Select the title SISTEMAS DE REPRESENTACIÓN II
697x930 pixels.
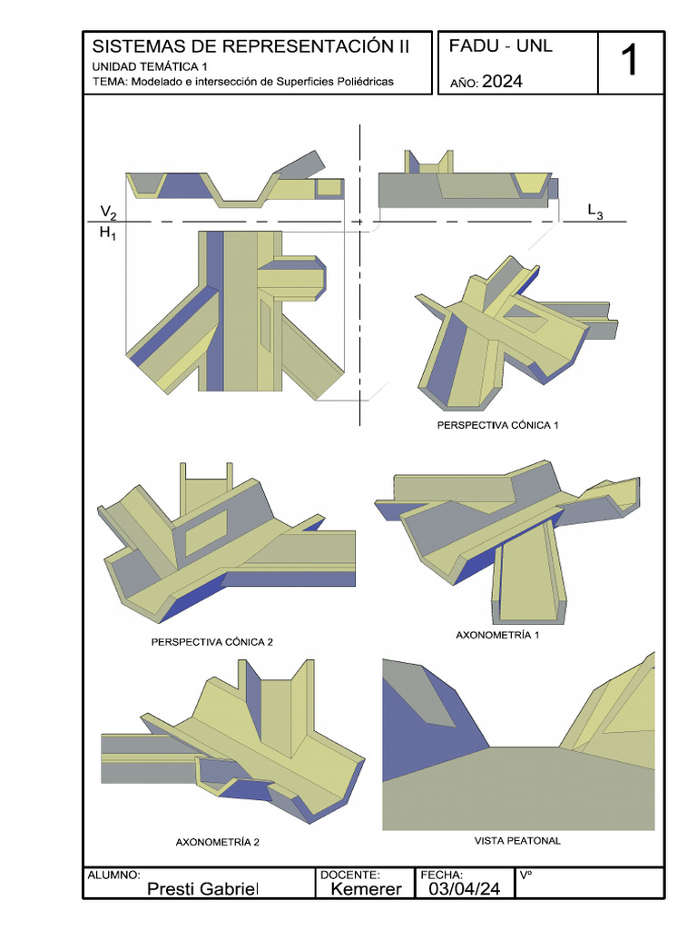pos(251,46)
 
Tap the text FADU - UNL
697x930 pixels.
pos(501,46)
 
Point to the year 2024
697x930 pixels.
pos(502,82)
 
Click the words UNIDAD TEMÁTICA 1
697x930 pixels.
pos(150,67)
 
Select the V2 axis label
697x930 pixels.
pos(108,213)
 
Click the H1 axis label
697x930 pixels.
pos(108,233)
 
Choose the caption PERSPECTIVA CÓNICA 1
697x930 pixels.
pos(494,425)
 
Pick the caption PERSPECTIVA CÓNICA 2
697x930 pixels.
pos(212,642)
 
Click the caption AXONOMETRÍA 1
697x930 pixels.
pos(497,636)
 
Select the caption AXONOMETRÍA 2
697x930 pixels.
pos(218,842)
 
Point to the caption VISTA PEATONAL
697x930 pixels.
pos(517,841)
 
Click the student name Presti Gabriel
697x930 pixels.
pos(202,888)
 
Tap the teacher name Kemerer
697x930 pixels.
pos(366,888)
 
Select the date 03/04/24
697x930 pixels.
pos(464,888)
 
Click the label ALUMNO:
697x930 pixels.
pos(113,875)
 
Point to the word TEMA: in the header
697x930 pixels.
pos(110,82)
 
